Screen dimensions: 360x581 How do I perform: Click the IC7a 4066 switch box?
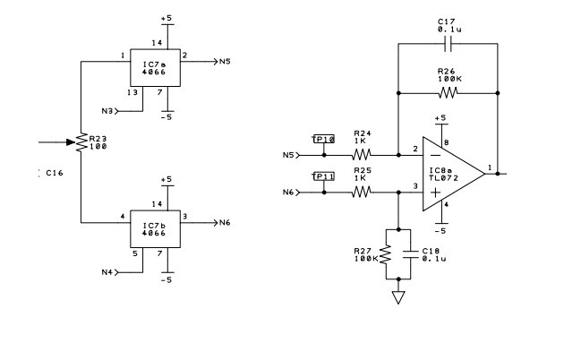click(x=155, y=68)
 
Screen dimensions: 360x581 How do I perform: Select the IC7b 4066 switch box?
click(x=155, y=228)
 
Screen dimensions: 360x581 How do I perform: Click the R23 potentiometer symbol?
click(x=81, y=142)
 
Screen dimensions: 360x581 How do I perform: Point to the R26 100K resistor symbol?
click(x=448, y=92)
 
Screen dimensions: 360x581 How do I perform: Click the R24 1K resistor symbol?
click(x=362, y=155)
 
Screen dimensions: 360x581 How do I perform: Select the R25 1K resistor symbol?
click(x=362, y=192)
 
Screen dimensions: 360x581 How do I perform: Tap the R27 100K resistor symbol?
click(x=386, y=256)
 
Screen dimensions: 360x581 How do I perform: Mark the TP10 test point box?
click(x=323, y=140)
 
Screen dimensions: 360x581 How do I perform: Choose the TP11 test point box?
click(x=323, y=177)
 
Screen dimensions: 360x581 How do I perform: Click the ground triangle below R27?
click(x=397, y=297)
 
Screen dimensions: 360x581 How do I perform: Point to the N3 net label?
click(x=107, y=111)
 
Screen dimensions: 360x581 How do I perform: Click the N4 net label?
click(x=107, y=271)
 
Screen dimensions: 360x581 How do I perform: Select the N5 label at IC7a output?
click(x=225, y=62)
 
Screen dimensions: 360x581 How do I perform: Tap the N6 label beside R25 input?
click(x=287, y=192)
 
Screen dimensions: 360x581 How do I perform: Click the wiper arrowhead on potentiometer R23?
click(x=70, y=141)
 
